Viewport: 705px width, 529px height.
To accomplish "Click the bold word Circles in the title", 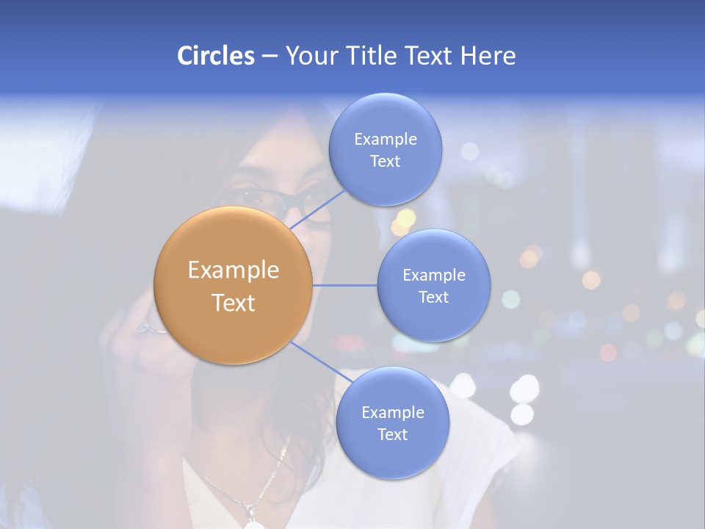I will click(x=215, y=56).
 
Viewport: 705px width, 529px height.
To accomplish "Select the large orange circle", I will click(x=233, y=285).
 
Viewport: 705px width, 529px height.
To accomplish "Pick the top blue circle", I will click(x=385, y=150).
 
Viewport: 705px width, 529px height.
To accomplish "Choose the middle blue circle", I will click(x=433, y=285).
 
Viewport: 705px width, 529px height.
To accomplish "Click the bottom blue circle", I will click(x=392, y=423).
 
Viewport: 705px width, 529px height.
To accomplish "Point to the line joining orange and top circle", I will click(x=317, y=207).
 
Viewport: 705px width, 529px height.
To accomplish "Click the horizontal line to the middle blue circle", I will click(x=345, y=285).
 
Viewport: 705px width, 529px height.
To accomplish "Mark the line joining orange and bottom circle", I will click(x=316, y=360).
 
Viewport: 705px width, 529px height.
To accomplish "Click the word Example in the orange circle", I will click(x=233, y=270).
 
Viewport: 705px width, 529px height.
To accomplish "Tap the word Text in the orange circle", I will click(x=233, y=303).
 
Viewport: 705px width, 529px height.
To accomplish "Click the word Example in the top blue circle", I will click(x=385, y=140).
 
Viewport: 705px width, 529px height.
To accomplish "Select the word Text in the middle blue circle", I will click(x=433, y=297).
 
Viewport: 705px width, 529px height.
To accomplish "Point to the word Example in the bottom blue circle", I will click(x=392, y=413).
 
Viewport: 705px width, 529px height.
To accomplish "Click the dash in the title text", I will click(x=269, y=57).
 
